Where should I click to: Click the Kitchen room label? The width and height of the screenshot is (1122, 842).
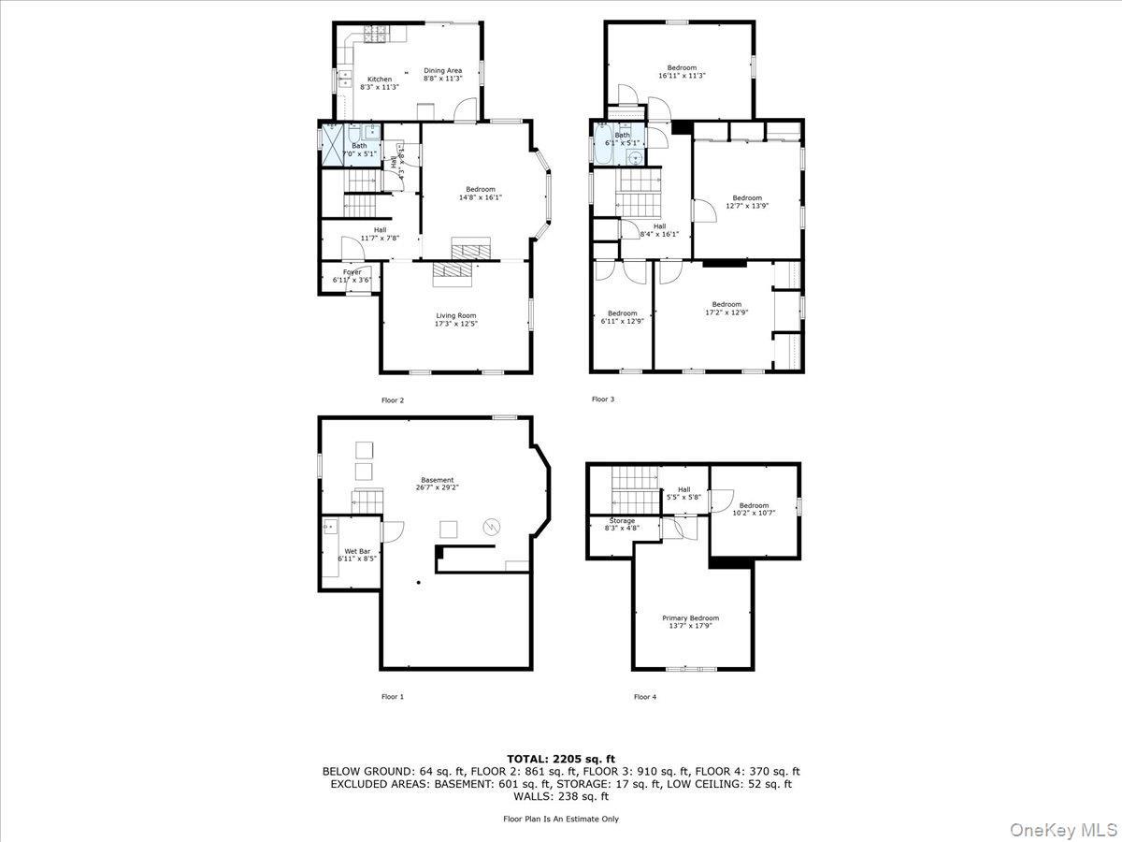coord(379,80)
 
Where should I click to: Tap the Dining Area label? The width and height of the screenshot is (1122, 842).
coord(442,70)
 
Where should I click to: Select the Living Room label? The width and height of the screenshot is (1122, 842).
coord(455,315)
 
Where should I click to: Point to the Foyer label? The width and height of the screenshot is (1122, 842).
coord(352,272)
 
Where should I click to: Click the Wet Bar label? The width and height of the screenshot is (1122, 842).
coord(356,551)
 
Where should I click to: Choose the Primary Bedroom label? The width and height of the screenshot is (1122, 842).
coord(691,617)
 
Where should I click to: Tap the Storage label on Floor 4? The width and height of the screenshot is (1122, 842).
coord(622,520)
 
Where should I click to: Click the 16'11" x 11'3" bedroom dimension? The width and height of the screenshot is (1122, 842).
coord(682,76)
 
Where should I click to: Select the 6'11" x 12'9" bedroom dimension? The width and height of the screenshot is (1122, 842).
coord(622,321)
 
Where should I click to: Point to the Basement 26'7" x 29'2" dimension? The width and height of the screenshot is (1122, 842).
coord(437,487)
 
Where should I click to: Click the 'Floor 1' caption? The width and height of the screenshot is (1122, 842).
coord(393,696)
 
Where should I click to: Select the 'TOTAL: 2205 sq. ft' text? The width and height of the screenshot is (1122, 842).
coord(561,759)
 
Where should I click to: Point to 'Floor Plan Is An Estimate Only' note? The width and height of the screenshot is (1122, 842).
coord(561,819)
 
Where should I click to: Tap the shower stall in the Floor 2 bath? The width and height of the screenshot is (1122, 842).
coord(332,145)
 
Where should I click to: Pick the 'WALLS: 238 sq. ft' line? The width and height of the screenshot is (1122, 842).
coord(561,796)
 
